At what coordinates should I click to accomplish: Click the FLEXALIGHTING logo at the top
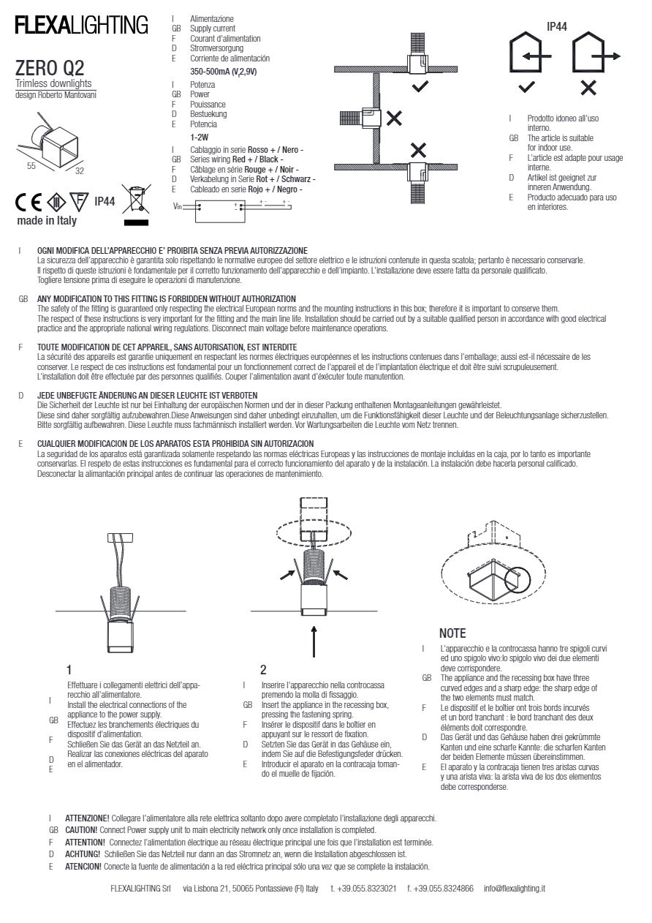[81, 26]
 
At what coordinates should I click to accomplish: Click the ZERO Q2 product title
[49, 69]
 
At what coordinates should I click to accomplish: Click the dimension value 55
[31, 166]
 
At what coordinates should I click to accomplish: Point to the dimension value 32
[79, 170]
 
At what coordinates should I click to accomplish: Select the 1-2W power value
[199, 137]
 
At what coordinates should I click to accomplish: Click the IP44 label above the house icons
[558, 27]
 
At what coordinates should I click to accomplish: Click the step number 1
[69, 669]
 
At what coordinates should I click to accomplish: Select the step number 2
[263, 669]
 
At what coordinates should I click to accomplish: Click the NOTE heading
[452, 633]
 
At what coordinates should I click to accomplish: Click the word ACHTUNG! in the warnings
[82, 854]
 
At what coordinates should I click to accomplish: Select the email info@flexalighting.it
[515, 888]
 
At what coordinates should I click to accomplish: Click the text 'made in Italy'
[46, 220]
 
